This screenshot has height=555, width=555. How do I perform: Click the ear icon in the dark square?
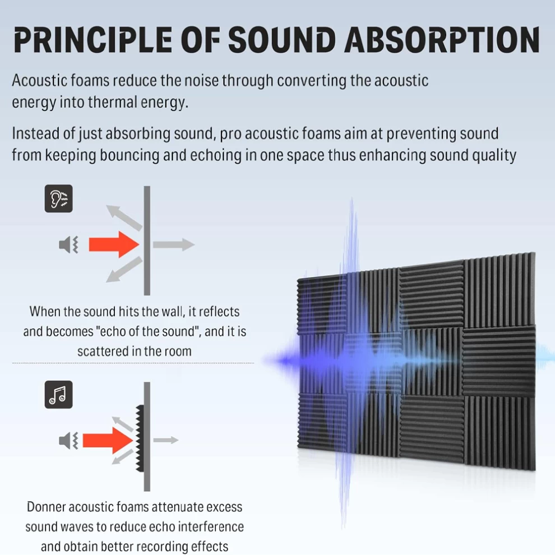[59, 198]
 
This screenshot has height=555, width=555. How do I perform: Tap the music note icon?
[59, 395]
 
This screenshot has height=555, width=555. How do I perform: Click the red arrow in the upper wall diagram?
[114, 244]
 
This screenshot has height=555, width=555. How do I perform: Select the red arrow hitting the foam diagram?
[108, 441]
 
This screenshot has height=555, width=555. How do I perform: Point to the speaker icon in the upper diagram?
[68, 244]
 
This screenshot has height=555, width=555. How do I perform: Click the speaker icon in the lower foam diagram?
[68, 441]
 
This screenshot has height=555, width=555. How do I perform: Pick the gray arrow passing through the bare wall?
[174, 244]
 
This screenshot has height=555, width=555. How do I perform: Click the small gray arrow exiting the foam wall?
[166, 440]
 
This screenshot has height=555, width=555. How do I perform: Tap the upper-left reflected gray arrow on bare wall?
[124, 218]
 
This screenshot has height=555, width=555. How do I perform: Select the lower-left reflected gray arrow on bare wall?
[124, 270]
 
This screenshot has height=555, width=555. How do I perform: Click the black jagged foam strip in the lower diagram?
[140, 438]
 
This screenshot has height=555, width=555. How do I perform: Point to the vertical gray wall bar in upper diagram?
[147, 240]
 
